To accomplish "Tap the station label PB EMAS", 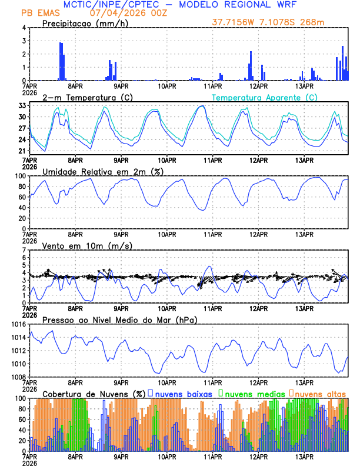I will click(x=39, y=12).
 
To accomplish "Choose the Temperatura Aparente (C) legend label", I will click(x=265, y=97).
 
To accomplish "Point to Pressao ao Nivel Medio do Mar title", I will click(x=119, y=319).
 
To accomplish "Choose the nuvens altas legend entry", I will click(x=319, y=393).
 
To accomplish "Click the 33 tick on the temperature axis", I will click(x=21, y=106).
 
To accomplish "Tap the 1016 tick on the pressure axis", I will click(x=17, y=325).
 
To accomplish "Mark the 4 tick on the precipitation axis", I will click(x=24, y=28).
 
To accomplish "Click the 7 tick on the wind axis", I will click(x=24, y=250).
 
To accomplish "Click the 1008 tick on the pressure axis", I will click(x=17, y=377).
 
